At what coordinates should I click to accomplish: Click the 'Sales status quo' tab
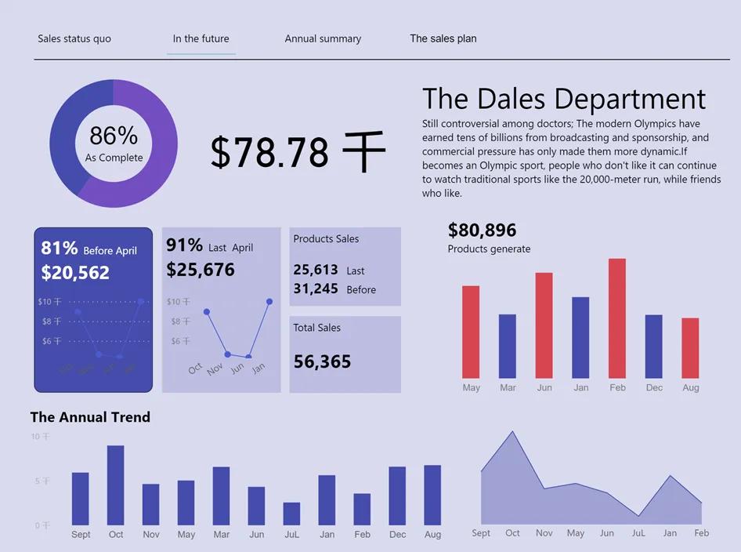pos(74,38)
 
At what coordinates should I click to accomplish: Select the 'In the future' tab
pos(201,38)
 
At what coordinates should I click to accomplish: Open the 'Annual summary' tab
pos(323,38)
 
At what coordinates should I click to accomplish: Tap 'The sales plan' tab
pos(443,38)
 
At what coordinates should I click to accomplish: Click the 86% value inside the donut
pos(114,136)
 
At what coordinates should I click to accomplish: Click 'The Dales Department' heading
pos(563,100)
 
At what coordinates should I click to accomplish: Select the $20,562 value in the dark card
pos(75,273)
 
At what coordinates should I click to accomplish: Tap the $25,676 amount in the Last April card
pos(201,270)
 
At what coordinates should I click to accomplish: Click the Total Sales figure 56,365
pos(322,361)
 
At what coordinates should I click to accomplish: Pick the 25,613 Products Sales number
pos(316,270)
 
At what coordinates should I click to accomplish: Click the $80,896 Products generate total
pos(482,230)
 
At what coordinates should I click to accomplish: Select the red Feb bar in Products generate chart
pos(617,318)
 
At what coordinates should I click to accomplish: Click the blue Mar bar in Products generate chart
pos(508,346)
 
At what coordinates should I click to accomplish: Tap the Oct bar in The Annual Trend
pos(116,485)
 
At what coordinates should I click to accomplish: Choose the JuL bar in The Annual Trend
pos(291,514)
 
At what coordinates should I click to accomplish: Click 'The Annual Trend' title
pos(90,417)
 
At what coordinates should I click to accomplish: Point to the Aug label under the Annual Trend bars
pos(432,535)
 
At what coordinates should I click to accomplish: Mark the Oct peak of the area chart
pos(513,432)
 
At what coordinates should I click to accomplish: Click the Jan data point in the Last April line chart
pos(269,301)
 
